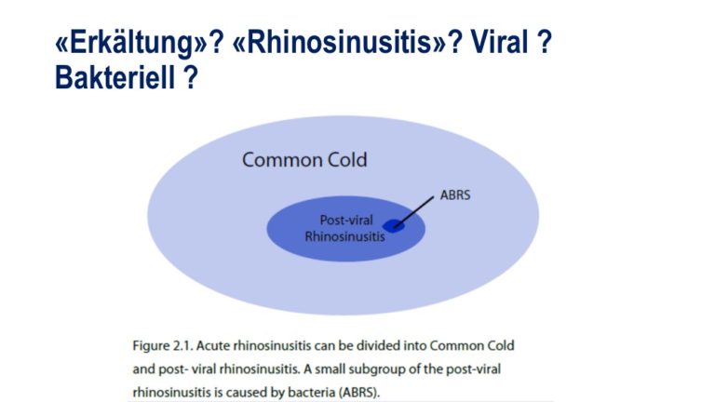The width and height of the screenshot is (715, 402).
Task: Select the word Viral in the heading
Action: click(499, 42)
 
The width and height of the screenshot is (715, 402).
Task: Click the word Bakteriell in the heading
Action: click(115, 77)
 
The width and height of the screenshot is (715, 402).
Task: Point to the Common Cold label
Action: click(304, 160)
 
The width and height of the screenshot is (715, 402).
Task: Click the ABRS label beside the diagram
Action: click(455, 195)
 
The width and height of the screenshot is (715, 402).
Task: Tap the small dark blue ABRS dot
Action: click(393, 225)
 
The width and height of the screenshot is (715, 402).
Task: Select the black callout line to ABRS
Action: click(413, 212)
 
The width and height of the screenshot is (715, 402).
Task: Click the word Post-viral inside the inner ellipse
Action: click(346, 221)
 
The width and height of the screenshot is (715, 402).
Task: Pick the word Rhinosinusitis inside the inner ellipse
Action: click(344, 236)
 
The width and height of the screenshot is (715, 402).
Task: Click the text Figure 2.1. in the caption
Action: click(163, 345)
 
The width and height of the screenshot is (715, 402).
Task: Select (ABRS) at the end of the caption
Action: click(357, 392)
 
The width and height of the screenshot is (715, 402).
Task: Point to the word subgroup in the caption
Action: click(378, 368)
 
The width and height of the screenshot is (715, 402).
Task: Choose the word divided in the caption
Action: click(377, 345)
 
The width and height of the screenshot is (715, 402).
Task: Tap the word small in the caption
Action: click(331, 368)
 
